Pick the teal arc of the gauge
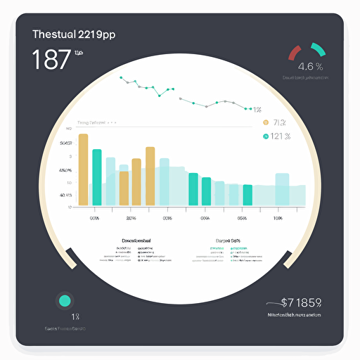coord(318,49)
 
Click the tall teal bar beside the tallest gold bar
coord(96,177)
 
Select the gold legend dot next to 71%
coord(265,122)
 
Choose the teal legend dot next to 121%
coord(265,136)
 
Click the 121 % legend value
coord(281,136)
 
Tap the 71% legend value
coord(281,122)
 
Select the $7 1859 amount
coord(301,303)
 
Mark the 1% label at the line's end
coord(257,110)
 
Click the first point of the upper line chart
coord(123,79)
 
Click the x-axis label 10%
coord(277,218)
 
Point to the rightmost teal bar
coord(247,195)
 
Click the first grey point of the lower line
coord(182,99)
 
